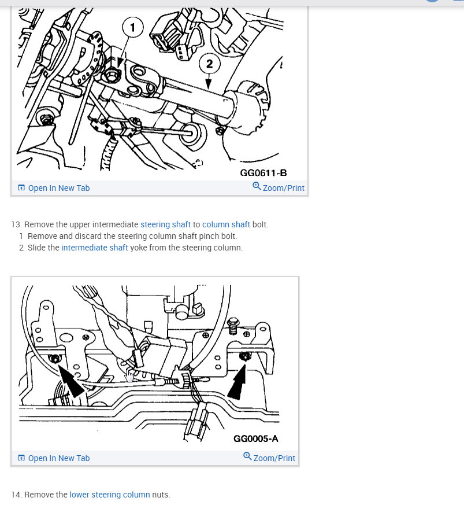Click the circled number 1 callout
click(133, 27)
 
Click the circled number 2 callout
click(209, 64)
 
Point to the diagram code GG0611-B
click(263, 173)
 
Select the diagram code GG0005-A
click(255, 438)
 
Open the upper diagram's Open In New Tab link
click(54, 188)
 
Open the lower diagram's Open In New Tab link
click(54, 458)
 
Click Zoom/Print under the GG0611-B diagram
click(279, 187)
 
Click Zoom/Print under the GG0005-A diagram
click(269, 458)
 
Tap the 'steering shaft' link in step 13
click(165, 224)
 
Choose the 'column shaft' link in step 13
click(226, 224)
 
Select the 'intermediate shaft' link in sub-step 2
click(95, 248)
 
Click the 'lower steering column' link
click(110, 495)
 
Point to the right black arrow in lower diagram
click(237, 382)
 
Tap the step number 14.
click(16, 495)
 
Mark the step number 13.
click(16, 224)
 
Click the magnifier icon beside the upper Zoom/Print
click(257, 186)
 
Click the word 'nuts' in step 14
click(161, 495)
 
